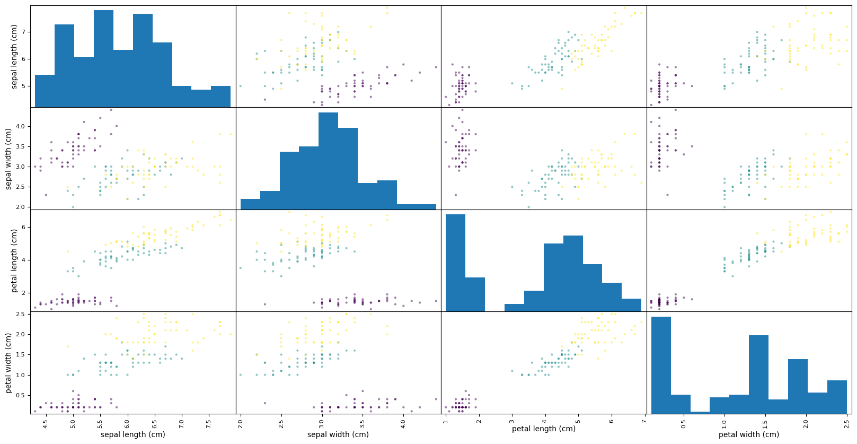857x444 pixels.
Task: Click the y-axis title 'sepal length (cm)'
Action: (14, 57)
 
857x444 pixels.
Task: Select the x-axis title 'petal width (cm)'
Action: (748, 434)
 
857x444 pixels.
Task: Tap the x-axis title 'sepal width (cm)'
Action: (338, 434)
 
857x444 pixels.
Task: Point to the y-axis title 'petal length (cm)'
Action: (14, 260)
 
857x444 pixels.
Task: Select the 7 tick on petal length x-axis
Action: (643, 421)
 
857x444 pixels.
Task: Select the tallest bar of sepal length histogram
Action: (103, 58)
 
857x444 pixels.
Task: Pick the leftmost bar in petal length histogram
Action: (455, 263)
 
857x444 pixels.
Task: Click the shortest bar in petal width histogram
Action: (700, 412)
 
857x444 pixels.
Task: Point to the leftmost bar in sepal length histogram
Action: (45, 91)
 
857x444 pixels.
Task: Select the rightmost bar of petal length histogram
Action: (631, 305)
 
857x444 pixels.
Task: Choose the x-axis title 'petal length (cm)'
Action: (543, 429)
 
